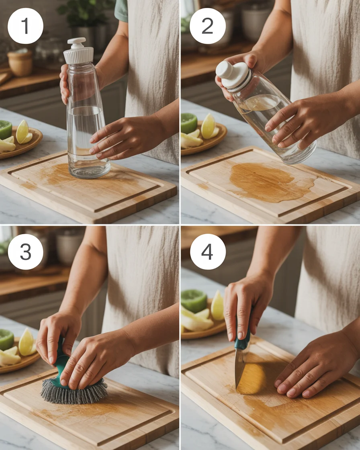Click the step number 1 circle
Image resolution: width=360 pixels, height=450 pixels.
(x=25, y=26)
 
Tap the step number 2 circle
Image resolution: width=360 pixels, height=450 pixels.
(x=207, y=26)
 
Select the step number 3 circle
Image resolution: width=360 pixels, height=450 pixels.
(x=25, y=252)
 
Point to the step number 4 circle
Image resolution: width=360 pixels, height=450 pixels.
(x=208, y=252)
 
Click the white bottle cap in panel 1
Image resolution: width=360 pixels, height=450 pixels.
(x=78, y=52)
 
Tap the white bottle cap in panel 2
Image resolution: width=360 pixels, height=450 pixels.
(x=233, y=75)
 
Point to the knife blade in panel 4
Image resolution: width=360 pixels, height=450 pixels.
(x=240, y=368)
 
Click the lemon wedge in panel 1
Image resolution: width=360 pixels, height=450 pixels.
(x=22, y=132)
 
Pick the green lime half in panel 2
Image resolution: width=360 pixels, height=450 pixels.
(x=188, y=123)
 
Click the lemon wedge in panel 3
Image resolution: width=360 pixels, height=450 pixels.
(x=27, y=342)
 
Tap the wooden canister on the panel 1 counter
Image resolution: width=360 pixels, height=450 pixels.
(x=20, y=63)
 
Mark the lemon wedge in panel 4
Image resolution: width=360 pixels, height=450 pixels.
(x=217, y=306)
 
